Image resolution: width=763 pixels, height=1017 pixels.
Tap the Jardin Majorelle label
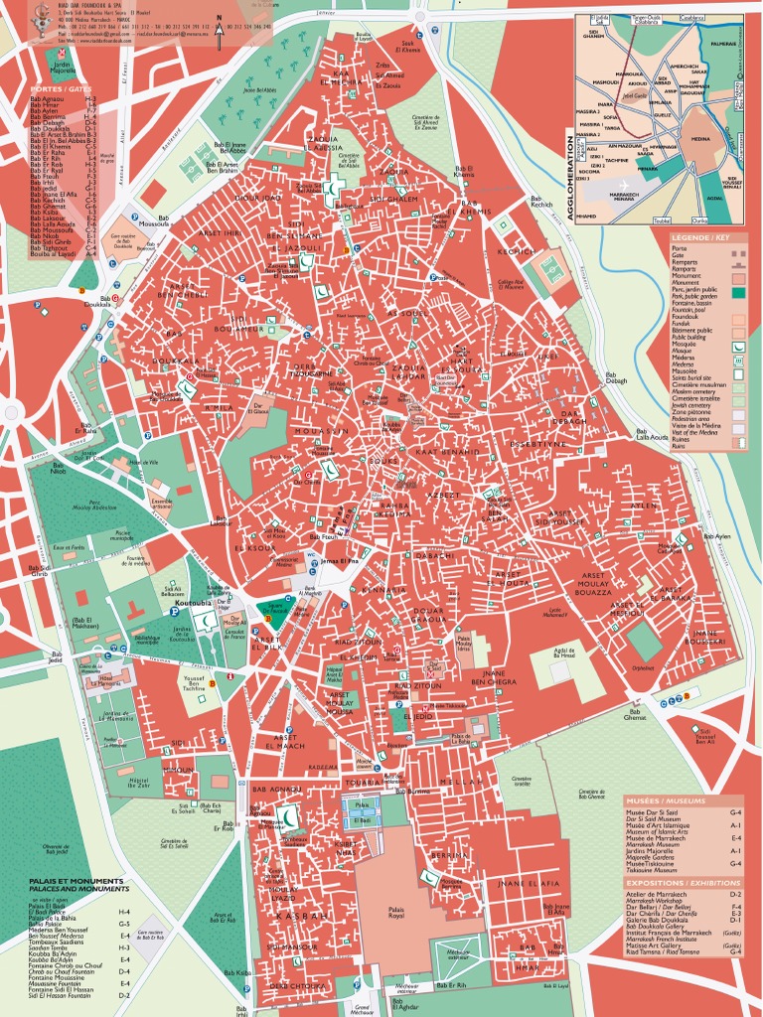(35, 70)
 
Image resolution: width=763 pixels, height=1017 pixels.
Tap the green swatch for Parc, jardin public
(737, 292)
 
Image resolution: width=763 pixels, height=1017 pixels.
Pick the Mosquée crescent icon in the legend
(737, 347)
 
